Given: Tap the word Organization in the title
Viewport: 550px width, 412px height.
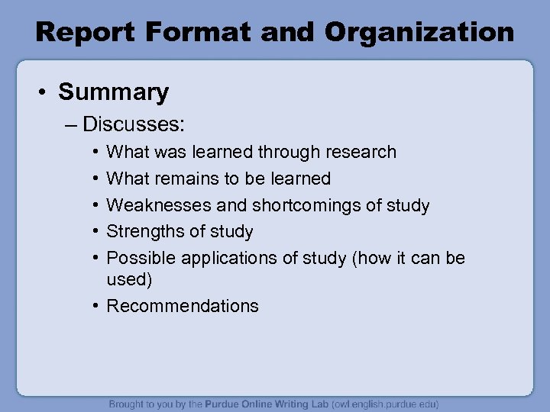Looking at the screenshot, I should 419,32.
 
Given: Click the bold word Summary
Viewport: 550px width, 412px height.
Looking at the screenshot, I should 114,92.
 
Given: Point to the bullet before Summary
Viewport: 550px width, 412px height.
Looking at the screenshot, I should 44,93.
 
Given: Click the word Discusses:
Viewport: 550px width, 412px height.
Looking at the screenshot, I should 135,124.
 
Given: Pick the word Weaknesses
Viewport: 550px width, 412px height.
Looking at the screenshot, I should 157,205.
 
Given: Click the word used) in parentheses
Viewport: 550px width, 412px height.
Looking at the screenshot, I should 130,279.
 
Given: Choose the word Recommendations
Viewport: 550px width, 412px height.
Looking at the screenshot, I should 183,306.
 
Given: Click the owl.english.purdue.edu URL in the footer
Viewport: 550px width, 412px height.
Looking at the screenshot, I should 376,404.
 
